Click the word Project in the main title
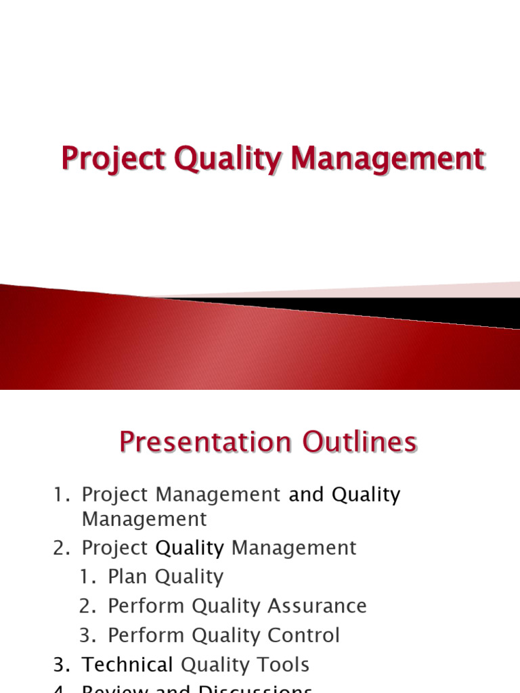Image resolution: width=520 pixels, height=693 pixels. (112, 159)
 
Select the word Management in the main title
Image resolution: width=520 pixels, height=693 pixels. (387, 159)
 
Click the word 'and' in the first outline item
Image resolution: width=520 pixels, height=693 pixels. (307, 495)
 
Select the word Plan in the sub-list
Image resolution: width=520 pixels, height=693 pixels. (129, 577)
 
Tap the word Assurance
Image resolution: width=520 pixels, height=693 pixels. (319, 606)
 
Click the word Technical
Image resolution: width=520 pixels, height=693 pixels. (127, 665)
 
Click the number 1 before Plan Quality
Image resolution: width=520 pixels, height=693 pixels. (86, 577)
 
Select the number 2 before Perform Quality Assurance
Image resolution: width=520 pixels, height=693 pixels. (86, 606)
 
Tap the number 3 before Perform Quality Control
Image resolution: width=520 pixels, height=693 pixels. (86, 635)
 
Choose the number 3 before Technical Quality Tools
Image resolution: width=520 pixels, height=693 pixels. (59, 665)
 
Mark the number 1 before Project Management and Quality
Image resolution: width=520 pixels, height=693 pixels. (59, 495)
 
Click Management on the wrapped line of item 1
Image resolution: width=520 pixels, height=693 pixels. (144, 519)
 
